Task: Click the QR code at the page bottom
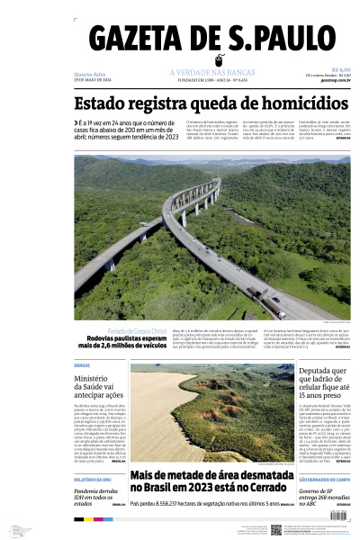276,530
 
